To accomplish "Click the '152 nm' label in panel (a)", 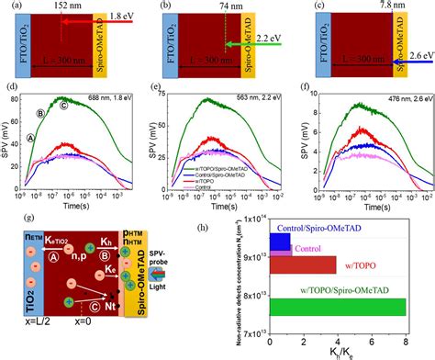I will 78,10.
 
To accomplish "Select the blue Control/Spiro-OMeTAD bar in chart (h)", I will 280,242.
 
